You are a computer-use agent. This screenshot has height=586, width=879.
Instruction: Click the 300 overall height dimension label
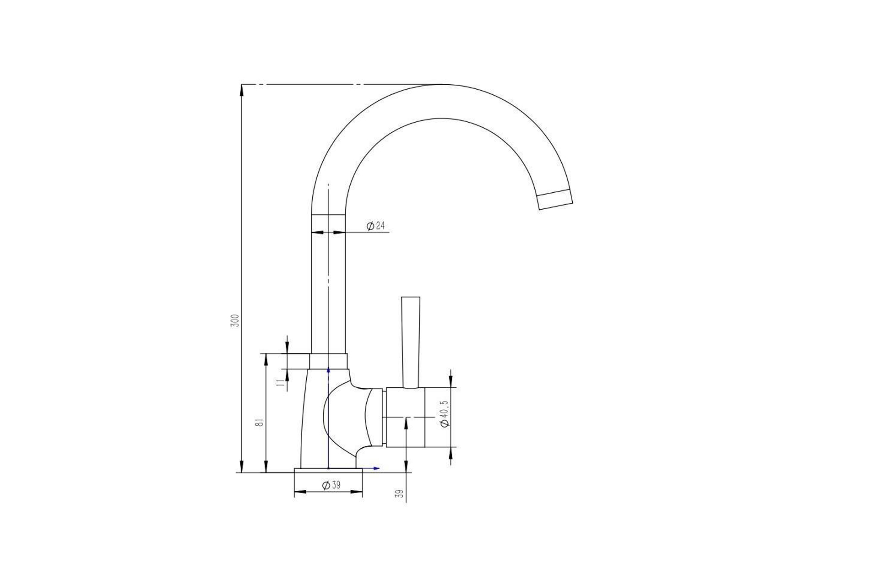(234, 320)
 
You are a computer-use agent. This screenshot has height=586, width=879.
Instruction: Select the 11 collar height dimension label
(280, 383)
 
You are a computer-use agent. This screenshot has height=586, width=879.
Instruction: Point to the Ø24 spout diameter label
(376, 226)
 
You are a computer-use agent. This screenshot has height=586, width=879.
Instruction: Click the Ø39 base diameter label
(331, 485)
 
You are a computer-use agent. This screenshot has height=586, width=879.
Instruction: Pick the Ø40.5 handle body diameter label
(445, 413)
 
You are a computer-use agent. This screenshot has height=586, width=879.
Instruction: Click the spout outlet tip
(555, 199)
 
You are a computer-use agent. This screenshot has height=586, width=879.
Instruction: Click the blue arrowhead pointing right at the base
(376, 468)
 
